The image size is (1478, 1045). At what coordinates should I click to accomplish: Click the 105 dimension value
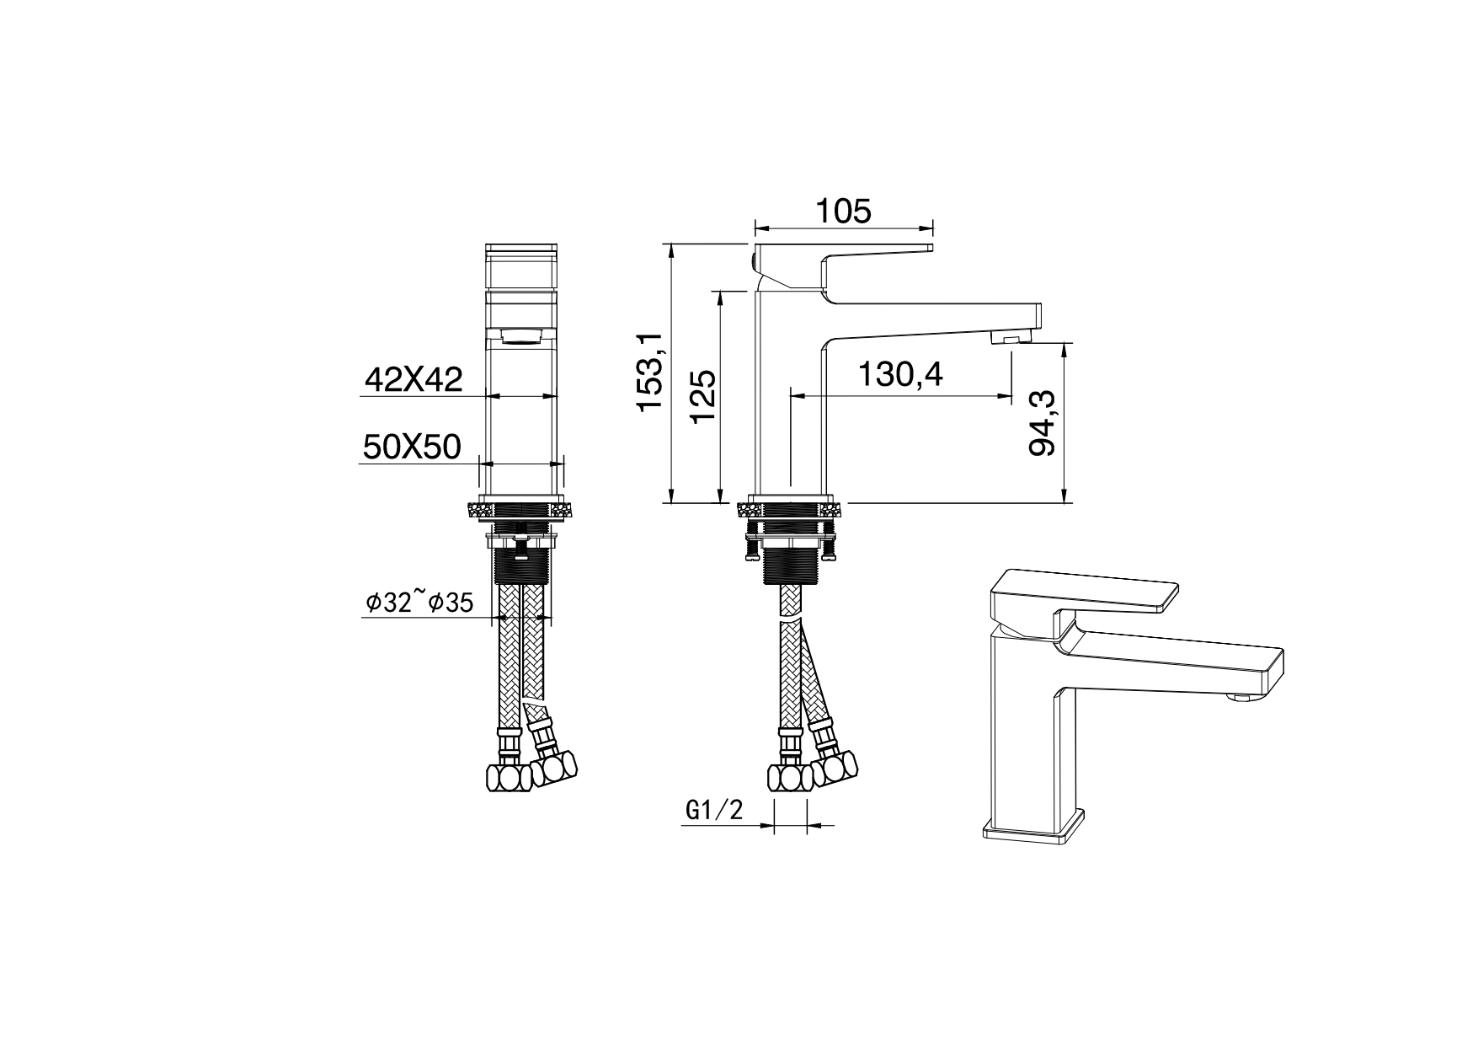pyautogui.click(x=843, y=211)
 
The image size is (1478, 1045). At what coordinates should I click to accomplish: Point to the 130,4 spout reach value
pyautogui.click(x=899, y=373)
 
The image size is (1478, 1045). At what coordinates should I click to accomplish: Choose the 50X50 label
pyautogui.click(x=412, y=447)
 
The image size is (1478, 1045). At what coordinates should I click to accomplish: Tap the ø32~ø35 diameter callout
pyautogui.click(x=419, y=602)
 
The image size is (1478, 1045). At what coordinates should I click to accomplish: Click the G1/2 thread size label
pyautogui.click(x=715, y=811)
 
